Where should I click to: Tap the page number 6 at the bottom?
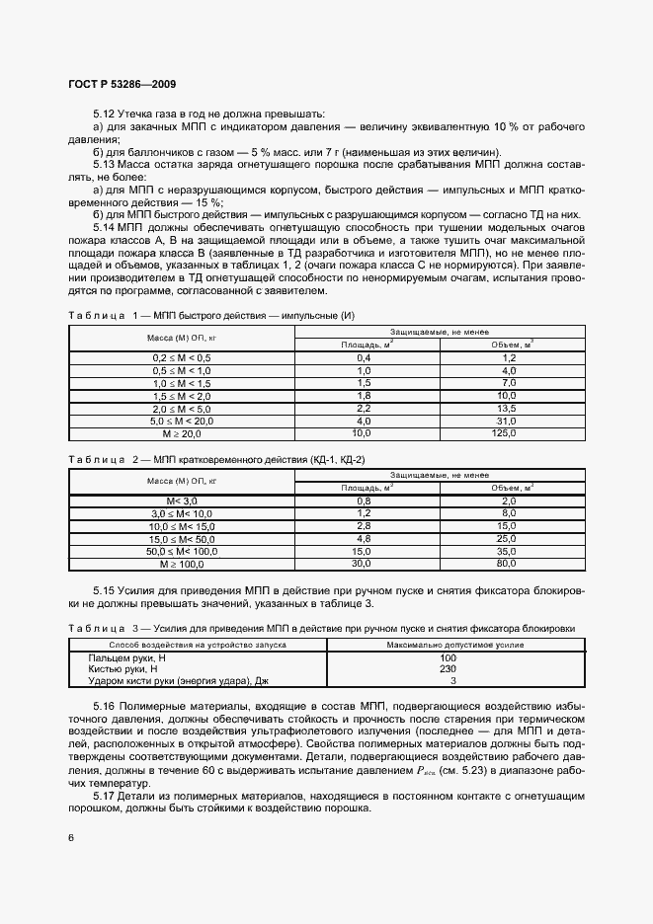[71, 837]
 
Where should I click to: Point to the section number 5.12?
[104, 115]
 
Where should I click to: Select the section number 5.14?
[104, 227]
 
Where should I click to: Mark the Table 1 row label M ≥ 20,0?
[181, 433]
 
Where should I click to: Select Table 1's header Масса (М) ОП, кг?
[181, 338]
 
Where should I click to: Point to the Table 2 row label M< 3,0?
[181, 500]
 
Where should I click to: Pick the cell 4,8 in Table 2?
[362, 539]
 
